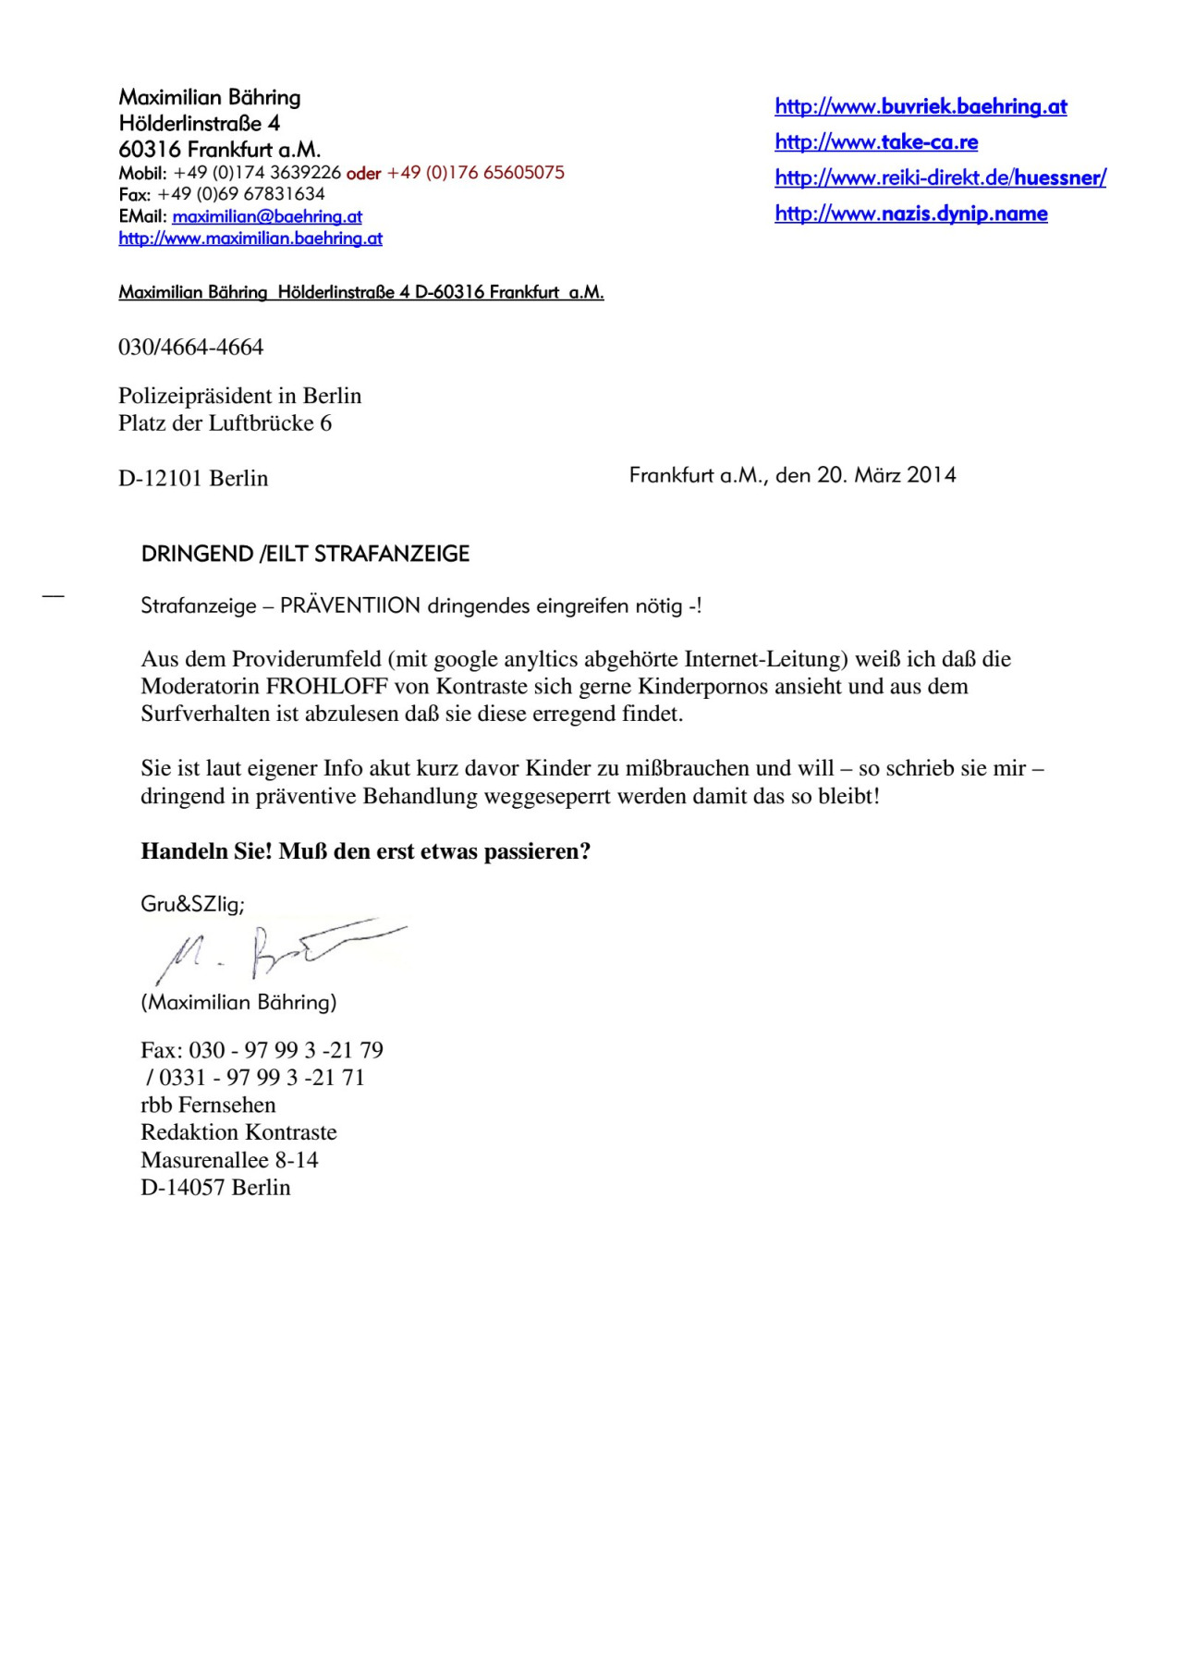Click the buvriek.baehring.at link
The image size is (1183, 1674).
[921, 106]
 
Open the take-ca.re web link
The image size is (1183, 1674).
[876, 142]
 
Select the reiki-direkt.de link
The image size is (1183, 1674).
[940, 177]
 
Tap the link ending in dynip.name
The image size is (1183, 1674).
[910, 214]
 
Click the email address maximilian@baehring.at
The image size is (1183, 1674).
[267, 216]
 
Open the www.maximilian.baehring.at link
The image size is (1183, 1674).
[250, 238]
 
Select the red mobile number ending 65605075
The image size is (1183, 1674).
[475, 173]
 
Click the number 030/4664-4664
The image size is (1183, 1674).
[190, 348]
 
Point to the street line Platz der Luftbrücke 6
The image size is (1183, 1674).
[225, 423]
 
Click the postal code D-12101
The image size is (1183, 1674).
[160, 479]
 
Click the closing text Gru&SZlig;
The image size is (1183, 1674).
[192, 904]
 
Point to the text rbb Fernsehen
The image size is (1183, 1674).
[208, 1106]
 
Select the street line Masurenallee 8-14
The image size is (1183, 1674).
[229, 1160]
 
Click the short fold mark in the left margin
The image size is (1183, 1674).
[54, 597]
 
